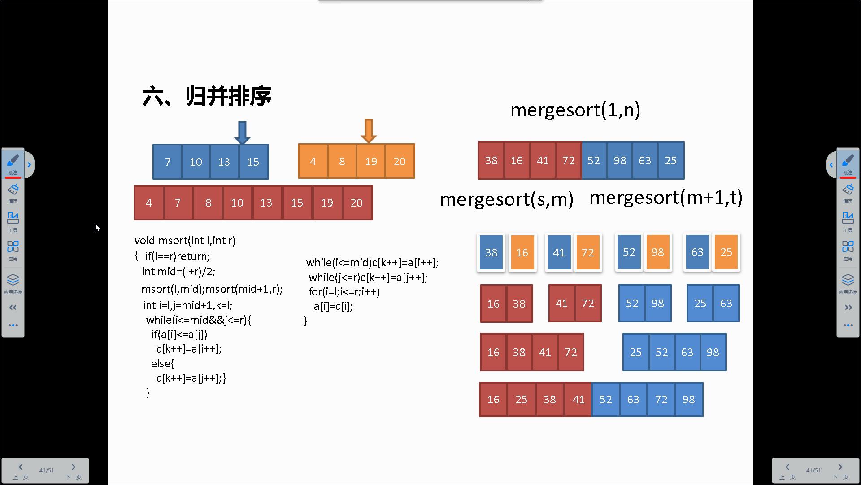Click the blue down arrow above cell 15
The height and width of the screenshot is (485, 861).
(242, 132)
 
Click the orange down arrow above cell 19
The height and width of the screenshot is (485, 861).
(369, 131)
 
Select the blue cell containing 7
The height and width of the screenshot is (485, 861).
(168, 162)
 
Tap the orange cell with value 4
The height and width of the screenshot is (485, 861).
(313, 162)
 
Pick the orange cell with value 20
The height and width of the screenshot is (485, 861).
(400, 162)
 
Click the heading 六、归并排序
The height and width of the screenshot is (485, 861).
(207, 96)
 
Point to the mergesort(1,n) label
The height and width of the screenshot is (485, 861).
(575, 110)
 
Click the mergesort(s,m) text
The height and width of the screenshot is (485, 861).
(507, 199)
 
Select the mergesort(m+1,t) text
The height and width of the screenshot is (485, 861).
(665, 198)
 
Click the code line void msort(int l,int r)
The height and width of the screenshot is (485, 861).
(185, 241)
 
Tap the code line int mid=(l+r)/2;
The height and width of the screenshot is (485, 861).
(178, 272)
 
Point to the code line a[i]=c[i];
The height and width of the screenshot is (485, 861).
(333, 306)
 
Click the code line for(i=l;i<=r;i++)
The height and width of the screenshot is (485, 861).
(344, 292)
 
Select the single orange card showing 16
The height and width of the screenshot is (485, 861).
(522, 252)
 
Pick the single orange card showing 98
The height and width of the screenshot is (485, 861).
(657, 252)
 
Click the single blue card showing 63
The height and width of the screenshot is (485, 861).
(697, 252)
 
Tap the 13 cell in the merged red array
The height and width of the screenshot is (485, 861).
(266, 203)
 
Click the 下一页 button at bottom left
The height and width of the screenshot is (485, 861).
(74, 471)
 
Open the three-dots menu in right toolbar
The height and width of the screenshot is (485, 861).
(848, 325)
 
